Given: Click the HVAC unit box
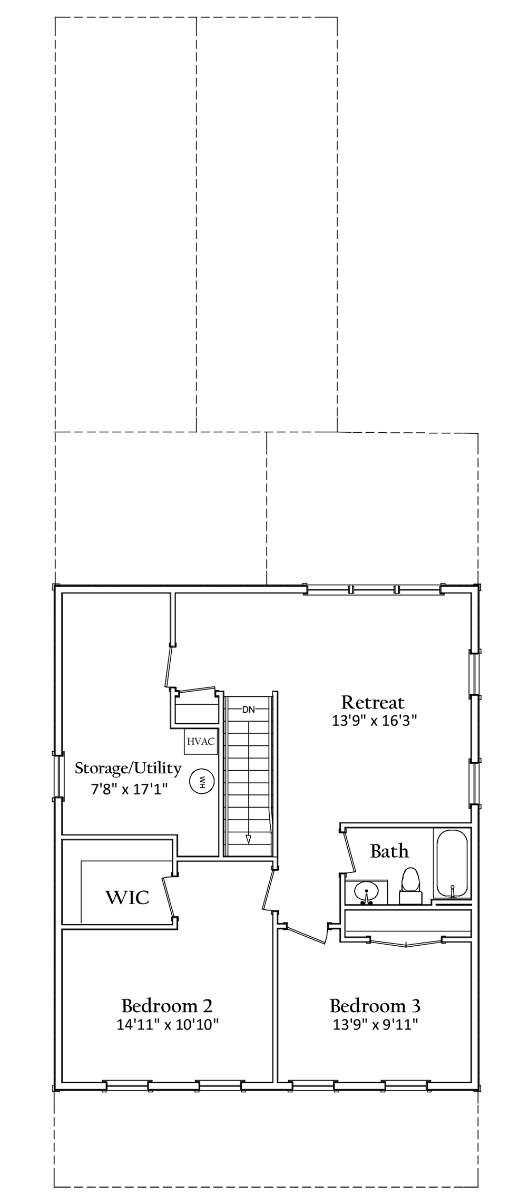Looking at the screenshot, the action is pyautogui.click(x=201, y=741).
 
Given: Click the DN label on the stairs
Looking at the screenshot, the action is pyautogui.click(x=248, y=710).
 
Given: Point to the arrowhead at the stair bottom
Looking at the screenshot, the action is pyautogui.click(x=249, y=839).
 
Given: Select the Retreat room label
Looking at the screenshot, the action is pyautogui.click(x=373, y=702).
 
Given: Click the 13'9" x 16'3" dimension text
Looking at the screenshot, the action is pyautogui.click(x=374, y=721).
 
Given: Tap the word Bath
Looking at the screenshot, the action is pyautogui.click(x=389, y=850).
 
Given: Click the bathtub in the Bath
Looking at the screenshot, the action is pyautogui.click(x=452, y=863).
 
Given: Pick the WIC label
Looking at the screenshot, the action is pyautogui.click(x=128, y=897).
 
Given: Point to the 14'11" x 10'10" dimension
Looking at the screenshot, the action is pyautogui.click(x=168, y=1024).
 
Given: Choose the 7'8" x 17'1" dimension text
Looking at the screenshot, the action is pyautogui.click(x=129, y=789).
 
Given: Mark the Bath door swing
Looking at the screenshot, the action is pyautogui.click(x=349, y=851).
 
